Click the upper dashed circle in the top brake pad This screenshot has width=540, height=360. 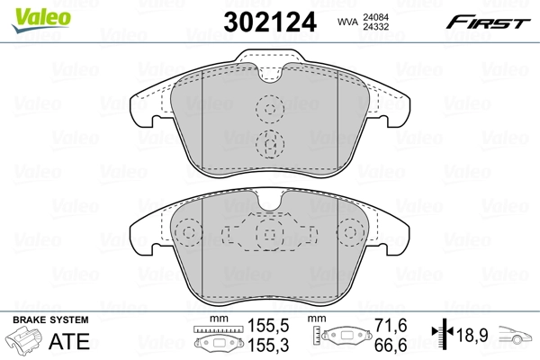pos(269,110)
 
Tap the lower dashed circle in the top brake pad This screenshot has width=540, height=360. pos(269,142)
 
